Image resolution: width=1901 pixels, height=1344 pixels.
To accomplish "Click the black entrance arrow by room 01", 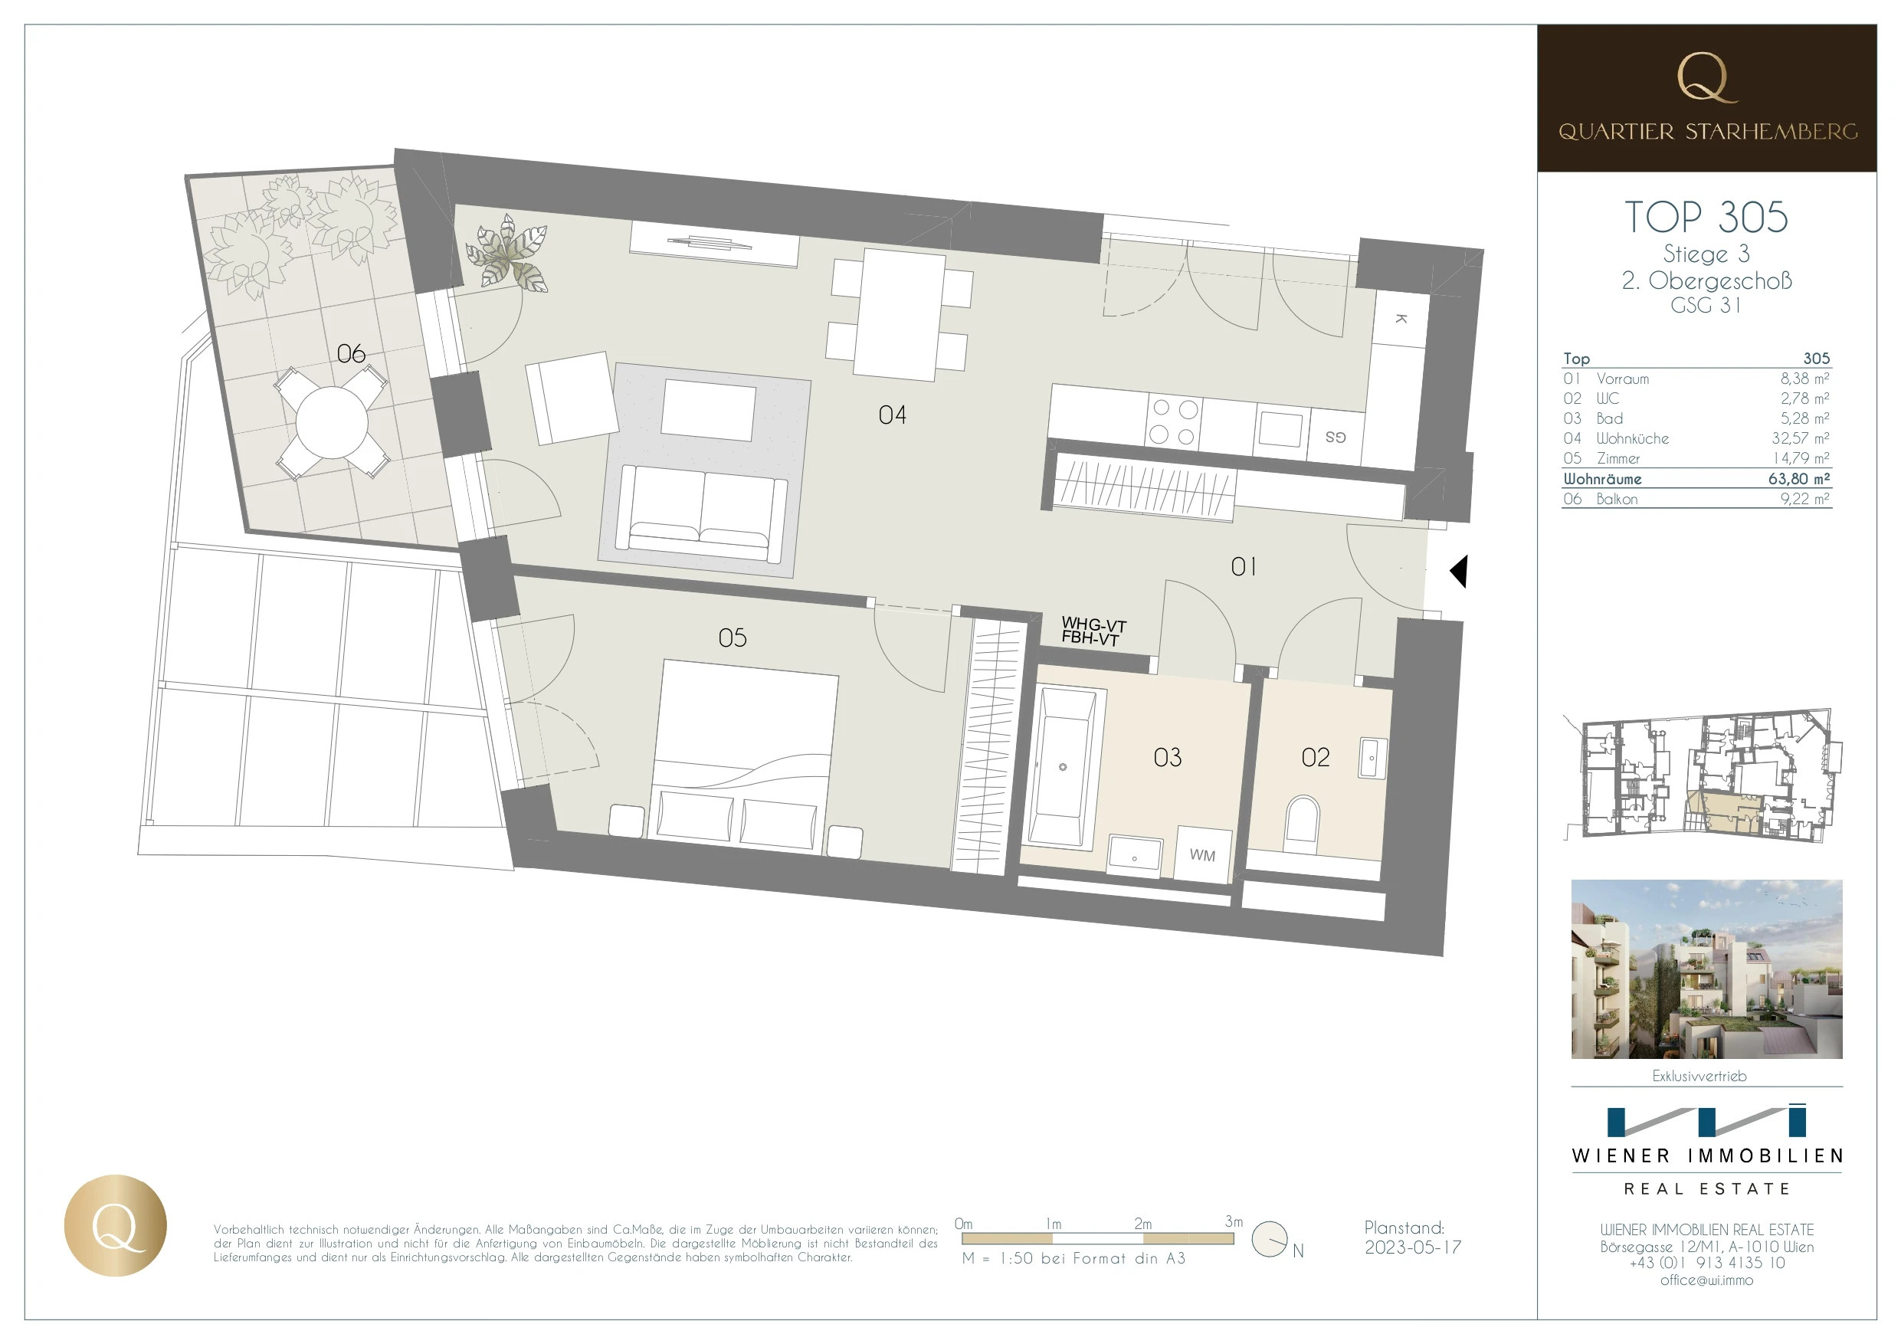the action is tap(1459, 572).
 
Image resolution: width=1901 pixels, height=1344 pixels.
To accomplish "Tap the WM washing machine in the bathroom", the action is tap(1202, 854).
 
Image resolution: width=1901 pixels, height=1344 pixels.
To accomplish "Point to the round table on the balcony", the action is tap(332, 422).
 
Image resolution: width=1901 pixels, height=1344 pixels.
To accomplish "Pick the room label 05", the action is tap(733, 638).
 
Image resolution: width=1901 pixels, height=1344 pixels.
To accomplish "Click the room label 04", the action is tap(893, 415).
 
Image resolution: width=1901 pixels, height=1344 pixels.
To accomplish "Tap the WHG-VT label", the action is tap(1093, 624).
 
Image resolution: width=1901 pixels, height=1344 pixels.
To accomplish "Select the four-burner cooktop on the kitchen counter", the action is tap(1174, 422).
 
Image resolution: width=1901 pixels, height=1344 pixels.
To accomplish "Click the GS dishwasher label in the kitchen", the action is tap(1336, 437).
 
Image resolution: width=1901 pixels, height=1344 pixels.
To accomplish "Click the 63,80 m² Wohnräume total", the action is tap(1799, 479).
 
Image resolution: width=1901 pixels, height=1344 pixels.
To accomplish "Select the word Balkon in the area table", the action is tap(1617, 500).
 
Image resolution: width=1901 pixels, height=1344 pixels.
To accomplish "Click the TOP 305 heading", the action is tap(1706, 217).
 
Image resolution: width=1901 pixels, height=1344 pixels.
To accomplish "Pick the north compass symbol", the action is tap(1270, 1240).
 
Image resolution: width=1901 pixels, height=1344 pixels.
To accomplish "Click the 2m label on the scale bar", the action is tap(1142, 1224).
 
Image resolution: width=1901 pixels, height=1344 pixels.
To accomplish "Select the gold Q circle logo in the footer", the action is tap(115, 1225).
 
